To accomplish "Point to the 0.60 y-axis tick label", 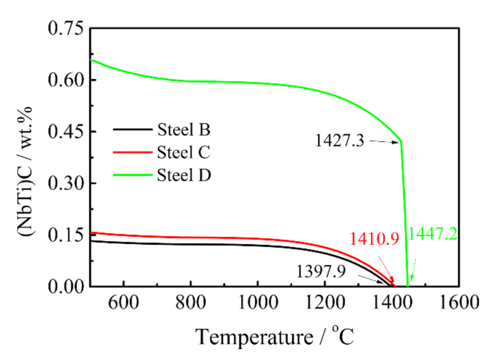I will point(65,80).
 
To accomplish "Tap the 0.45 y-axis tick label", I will point(65,132).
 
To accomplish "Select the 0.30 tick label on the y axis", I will point(65,183).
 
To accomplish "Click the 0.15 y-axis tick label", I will point(65,235).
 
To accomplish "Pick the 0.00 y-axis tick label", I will point(65,286).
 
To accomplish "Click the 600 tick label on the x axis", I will point(123,303).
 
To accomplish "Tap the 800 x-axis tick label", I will point(191,303).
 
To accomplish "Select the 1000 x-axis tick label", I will point(258,303).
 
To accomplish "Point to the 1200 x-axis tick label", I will point(325,303).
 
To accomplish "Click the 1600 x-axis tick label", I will point(459,303).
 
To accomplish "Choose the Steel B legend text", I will point(184,129).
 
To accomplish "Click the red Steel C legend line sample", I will point(132,152).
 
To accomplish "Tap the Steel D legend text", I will point(184,175).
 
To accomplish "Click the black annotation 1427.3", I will point(339,141).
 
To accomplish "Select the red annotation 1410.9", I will point(374,239).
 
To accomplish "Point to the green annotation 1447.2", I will point(433,234).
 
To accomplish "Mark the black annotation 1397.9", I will point(321,271).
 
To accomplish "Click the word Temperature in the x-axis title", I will point(254,337).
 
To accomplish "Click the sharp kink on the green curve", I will point(401,141).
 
